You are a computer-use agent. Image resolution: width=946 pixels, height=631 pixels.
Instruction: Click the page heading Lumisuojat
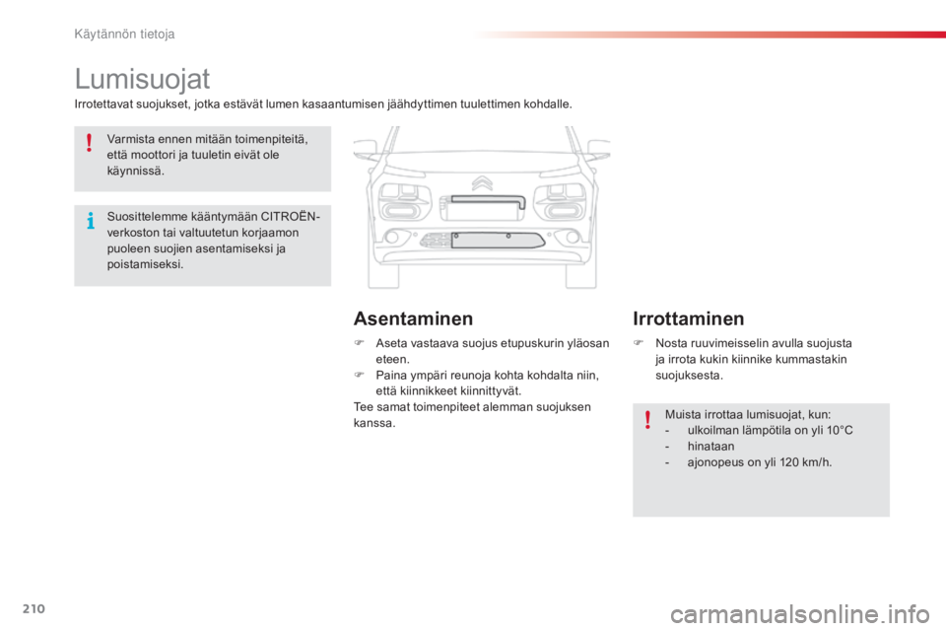click(143, 78)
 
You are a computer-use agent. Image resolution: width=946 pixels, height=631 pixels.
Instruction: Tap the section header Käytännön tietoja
click(125, 35)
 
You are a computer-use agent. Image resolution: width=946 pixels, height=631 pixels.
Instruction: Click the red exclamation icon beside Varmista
click(89, 145)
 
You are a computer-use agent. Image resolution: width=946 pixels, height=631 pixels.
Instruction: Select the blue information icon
click(90, 220)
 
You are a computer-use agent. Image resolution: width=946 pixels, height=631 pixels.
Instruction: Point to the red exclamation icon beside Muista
click(647, 421)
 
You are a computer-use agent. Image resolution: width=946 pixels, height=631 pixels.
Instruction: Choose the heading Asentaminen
click(413, 318)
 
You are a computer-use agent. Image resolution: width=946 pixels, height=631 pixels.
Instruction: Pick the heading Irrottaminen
click(688, 318)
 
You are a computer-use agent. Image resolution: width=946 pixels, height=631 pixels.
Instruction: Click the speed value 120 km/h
click(805, 461)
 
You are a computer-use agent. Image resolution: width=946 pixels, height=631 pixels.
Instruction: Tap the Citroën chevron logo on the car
click(481, 182)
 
